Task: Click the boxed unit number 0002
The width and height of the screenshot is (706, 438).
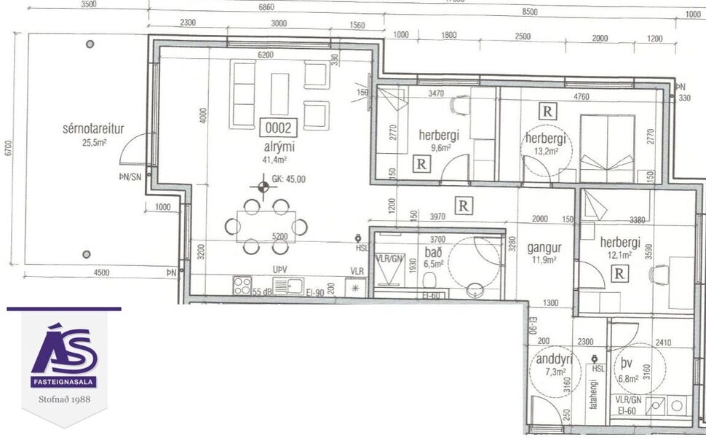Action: coord(277,129)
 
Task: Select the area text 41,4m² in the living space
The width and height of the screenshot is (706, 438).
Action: coord(275,159)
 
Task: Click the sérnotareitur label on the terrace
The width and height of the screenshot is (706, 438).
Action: coord(93,130)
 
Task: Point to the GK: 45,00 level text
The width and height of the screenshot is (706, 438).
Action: coord(287,179)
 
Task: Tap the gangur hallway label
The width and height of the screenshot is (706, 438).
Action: coord(541,246)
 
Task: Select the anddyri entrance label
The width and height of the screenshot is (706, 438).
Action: coord(553,359)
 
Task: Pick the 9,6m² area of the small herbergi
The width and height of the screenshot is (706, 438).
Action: coord(441,146)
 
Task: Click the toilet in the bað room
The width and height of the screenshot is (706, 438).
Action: coord(431,281)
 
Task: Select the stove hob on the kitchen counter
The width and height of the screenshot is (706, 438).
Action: coord(242,286)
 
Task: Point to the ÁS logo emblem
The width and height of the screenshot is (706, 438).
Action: coord(64,351)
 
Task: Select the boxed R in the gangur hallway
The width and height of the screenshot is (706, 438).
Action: coord(462,206)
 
